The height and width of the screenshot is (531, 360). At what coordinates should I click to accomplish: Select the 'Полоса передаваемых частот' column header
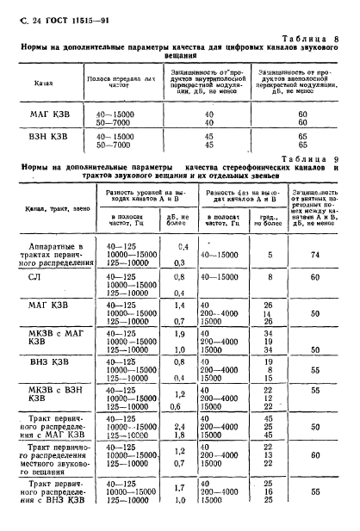click(x=115, y=82)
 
